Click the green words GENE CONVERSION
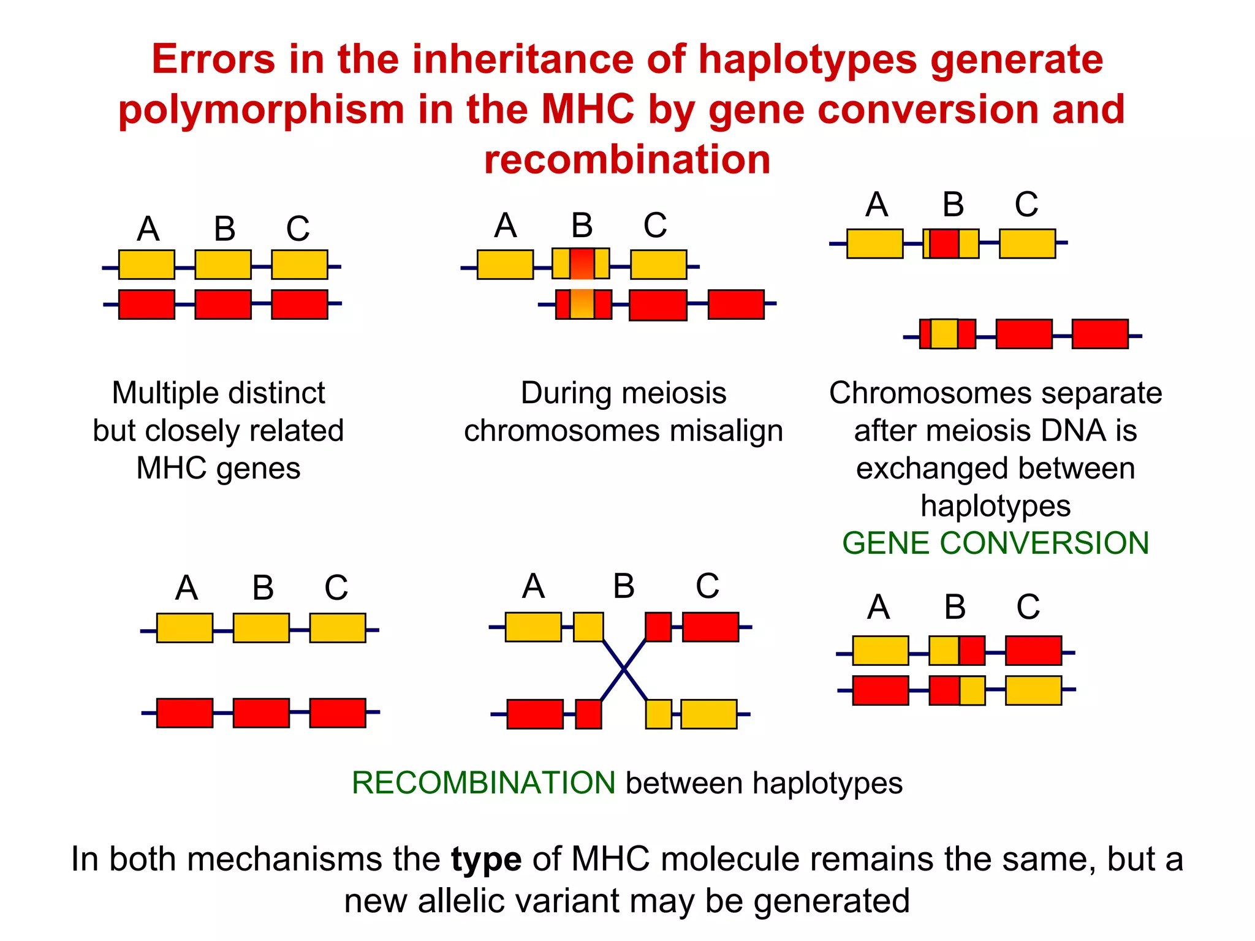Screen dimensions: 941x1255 click(995, 543)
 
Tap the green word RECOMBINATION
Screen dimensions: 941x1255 click(483, 783)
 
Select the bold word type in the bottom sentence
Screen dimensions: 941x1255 click(486, 859)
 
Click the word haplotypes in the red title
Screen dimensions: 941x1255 click(808, 60)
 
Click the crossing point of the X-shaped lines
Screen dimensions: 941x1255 click(624, 670)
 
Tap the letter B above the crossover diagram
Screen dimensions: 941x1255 click(624, 586)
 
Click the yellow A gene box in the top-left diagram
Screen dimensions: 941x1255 click(146, 265)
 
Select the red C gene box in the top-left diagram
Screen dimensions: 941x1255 click(299, 304)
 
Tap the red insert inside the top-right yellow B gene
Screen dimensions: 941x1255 click(944, 244)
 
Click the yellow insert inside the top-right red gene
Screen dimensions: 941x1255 click(944, 334)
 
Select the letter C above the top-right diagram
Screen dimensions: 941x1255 click(1026, 205)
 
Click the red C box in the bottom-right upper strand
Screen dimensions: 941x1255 click(1033, 651)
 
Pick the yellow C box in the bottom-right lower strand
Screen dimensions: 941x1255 click(1033, 690)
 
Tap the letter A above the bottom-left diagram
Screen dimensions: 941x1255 click(186, 588)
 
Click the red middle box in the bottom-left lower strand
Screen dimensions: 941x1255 click(261, 713)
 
